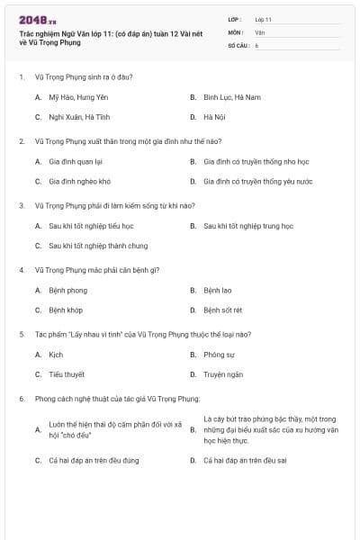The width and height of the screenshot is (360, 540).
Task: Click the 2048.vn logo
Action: click(37, 20)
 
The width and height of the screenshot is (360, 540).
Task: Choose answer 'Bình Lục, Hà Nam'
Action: click(231, 97)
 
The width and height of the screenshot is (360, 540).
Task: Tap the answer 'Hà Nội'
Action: click(213, 117)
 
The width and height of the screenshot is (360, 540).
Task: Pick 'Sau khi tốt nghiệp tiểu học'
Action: click(91, 226)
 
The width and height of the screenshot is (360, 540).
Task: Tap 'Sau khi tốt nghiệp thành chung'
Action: click(98, 245)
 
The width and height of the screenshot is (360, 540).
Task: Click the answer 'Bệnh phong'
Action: click(67, 291)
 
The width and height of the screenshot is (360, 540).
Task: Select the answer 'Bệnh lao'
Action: click(217, 291)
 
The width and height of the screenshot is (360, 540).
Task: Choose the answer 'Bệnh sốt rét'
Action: click(222, 310)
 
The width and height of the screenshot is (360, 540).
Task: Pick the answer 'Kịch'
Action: click(56, 355)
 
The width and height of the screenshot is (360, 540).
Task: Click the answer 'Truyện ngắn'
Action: click(223, 373)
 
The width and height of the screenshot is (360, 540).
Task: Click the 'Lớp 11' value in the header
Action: click(264, 19)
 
